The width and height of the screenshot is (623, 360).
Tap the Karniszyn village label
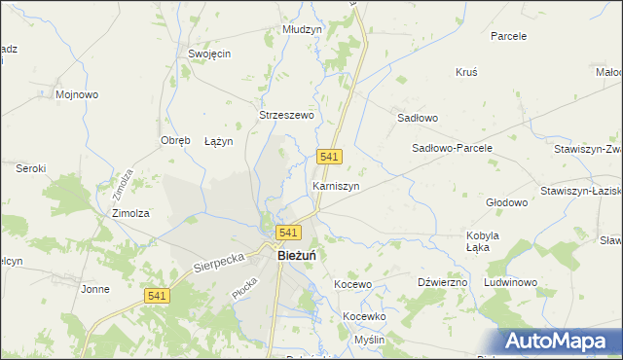pos(336,185)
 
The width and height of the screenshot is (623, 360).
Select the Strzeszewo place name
pos(286,115)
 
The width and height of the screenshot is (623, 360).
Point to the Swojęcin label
pos(209,54)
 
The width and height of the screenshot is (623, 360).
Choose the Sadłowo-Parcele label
pos(453,148)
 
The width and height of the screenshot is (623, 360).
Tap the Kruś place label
pos(466,72)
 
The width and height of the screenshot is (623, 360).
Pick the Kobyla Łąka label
pos(483,241)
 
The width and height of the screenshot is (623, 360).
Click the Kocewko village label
pos(365,317)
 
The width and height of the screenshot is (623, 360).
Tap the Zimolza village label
pos(130,213)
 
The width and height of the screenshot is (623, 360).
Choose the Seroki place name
pos(31,168)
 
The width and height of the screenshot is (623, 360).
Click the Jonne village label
pos(94,289)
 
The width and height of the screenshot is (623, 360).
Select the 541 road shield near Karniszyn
pos(329,158)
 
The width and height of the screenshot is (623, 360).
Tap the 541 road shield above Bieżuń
pos(288,233)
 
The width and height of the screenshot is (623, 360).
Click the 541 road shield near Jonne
pos(157,296)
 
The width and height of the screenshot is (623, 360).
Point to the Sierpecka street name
pos(214,257)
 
